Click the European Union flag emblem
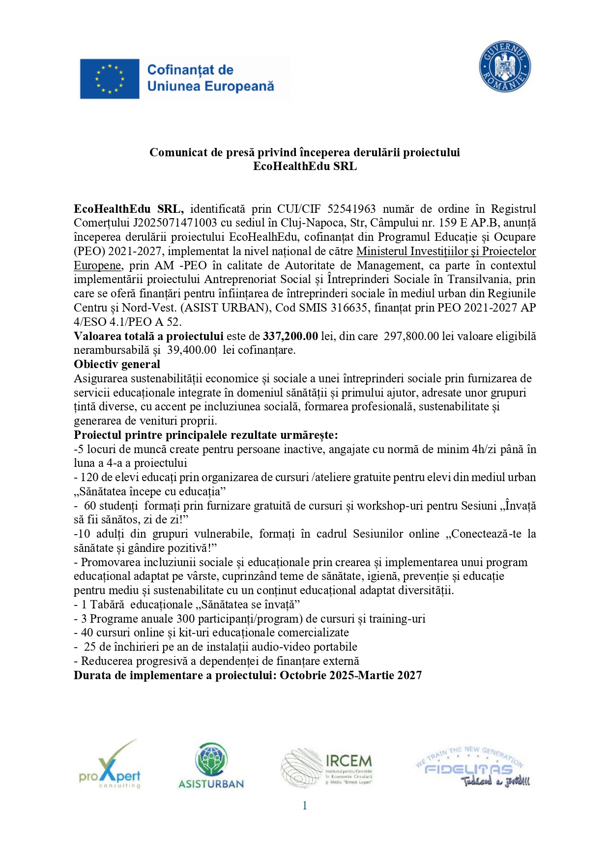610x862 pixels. point(109,79)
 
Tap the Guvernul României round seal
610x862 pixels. point(505,66)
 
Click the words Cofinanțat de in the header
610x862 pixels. point(190,70)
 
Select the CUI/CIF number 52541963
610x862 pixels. point(351,209)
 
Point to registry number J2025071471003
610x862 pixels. point(174,223)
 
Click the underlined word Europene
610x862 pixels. point(97,266)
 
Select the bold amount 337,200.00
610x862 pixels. point(290,337)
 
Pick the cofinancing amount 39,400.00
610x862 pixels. point(192,350)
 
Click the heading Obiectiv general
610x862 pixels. point(117,365)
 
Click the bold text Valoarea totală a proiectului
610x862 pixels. point(148,337)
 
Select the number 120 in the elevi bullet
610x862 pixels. point(89,478)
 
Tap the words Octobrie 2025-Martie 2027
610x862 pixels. point(350,676)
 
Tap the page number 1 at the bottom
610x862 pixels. point(305,805)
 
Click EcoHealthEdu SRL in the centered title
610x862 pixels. point(305,167)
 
